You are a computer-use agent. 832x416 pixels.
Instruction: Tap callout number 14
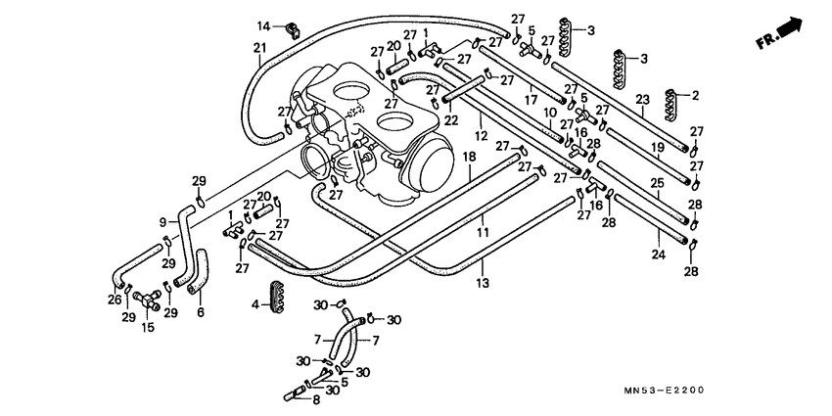point(263,24)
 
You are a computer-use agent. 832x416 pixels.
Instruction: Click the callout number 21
point(259,48)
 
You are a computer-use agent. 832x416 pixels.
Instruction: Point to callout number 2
point(696,96)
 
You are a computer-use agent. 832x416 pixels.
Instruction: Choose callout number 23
point(643,99)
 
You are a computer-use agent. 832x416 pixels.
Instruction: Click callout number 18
point(469,157)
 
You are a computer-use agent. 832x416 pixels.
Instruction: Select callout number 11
point(481,233)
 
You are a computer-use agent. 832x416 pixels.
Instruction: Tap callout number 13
point(482,284)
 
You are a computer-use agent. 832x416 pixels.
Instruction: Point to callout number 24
point(660,255)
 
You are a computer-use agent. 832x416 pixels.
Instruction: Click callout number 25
point(657,183)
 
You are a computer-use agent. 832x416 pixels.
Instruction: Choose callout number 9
point(163,222)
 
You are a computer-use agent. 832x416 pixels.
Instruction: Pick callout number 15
point(148,327)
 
